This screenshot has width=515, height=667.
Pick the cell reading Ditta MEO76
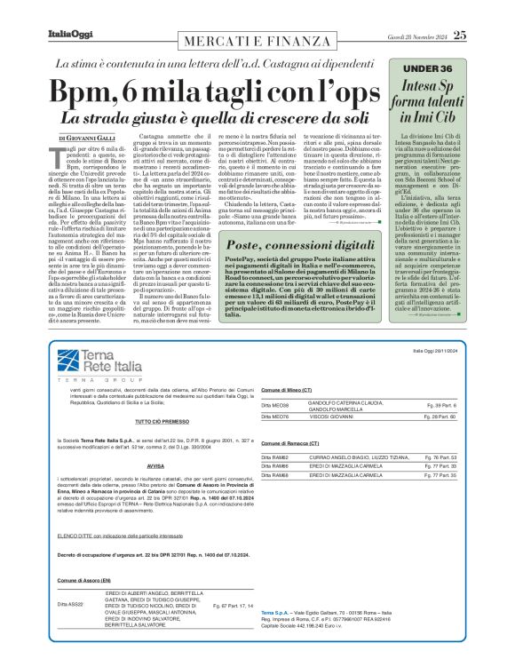point(274,416)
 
